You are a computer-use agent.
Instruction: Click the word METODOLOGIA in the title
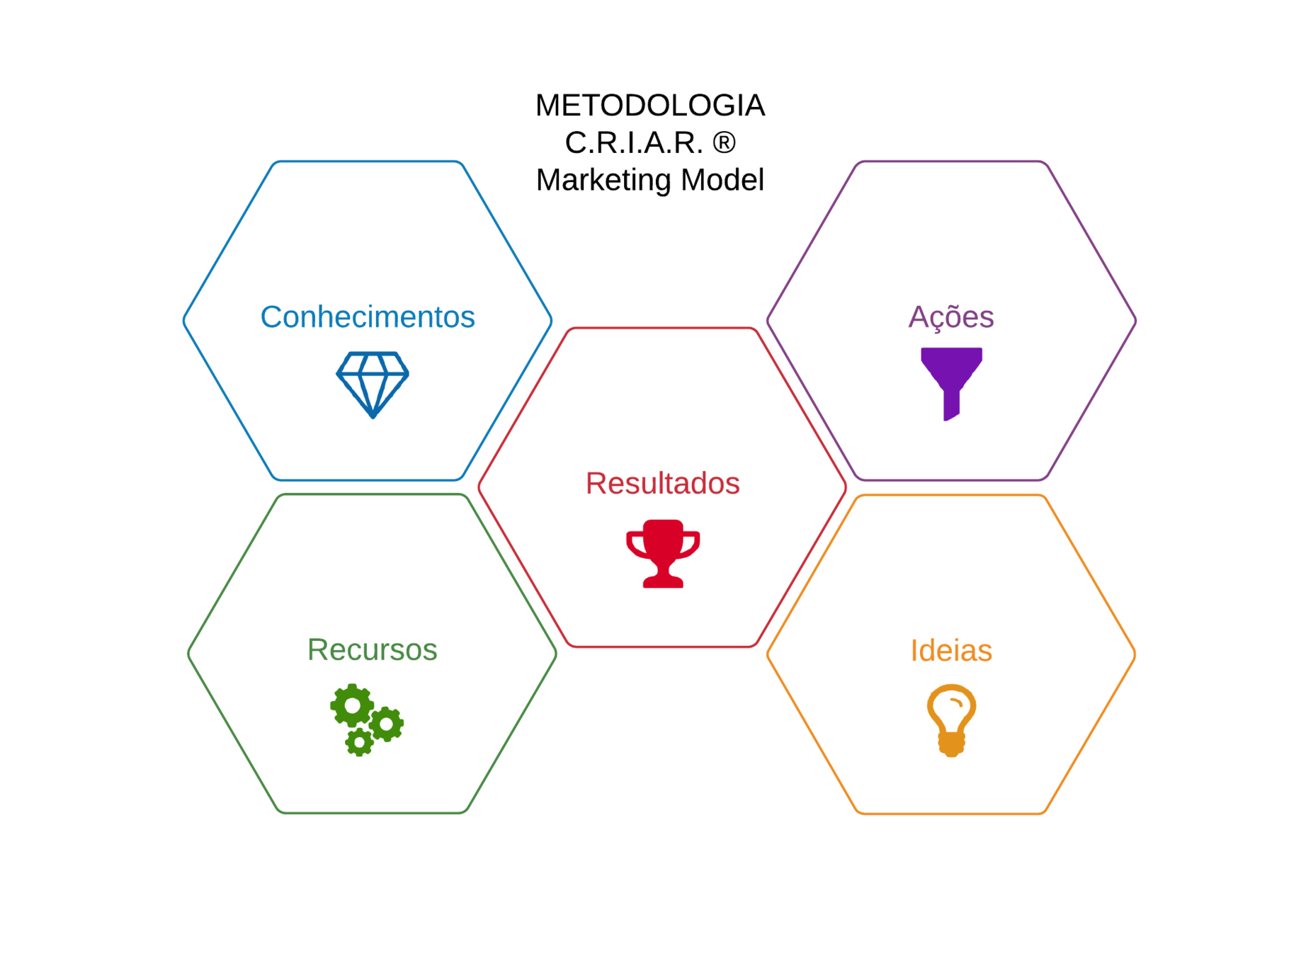pos(649,106)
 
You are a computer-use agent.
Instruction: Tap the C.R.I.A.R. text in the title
pos(633,143)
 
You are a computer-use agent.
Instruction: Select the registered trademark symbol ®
pos(724,143)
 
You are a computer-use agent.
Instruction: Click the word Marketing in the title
pos(603,180)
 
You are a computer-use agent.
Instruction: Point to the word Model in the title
pos(722,180)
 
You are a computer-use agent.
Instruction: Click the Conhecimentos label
pos(367,317)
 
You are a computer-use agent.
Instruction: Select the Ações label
pos(950,317)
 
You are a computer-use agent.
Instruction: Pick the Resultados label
pos(662,483)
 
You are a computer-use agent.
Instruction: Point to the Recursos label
pos(372,649)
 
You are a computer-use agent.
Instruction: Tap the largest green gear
pos(352,705)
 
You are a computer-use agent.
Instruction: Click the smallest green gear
pos(359,742)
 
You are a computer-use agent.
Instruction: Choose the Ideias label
pos(950,650)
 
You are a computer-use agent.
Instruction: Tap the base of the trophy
pos(663,581)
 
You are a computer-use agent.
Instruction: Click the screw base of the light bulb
pos(951,744)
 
